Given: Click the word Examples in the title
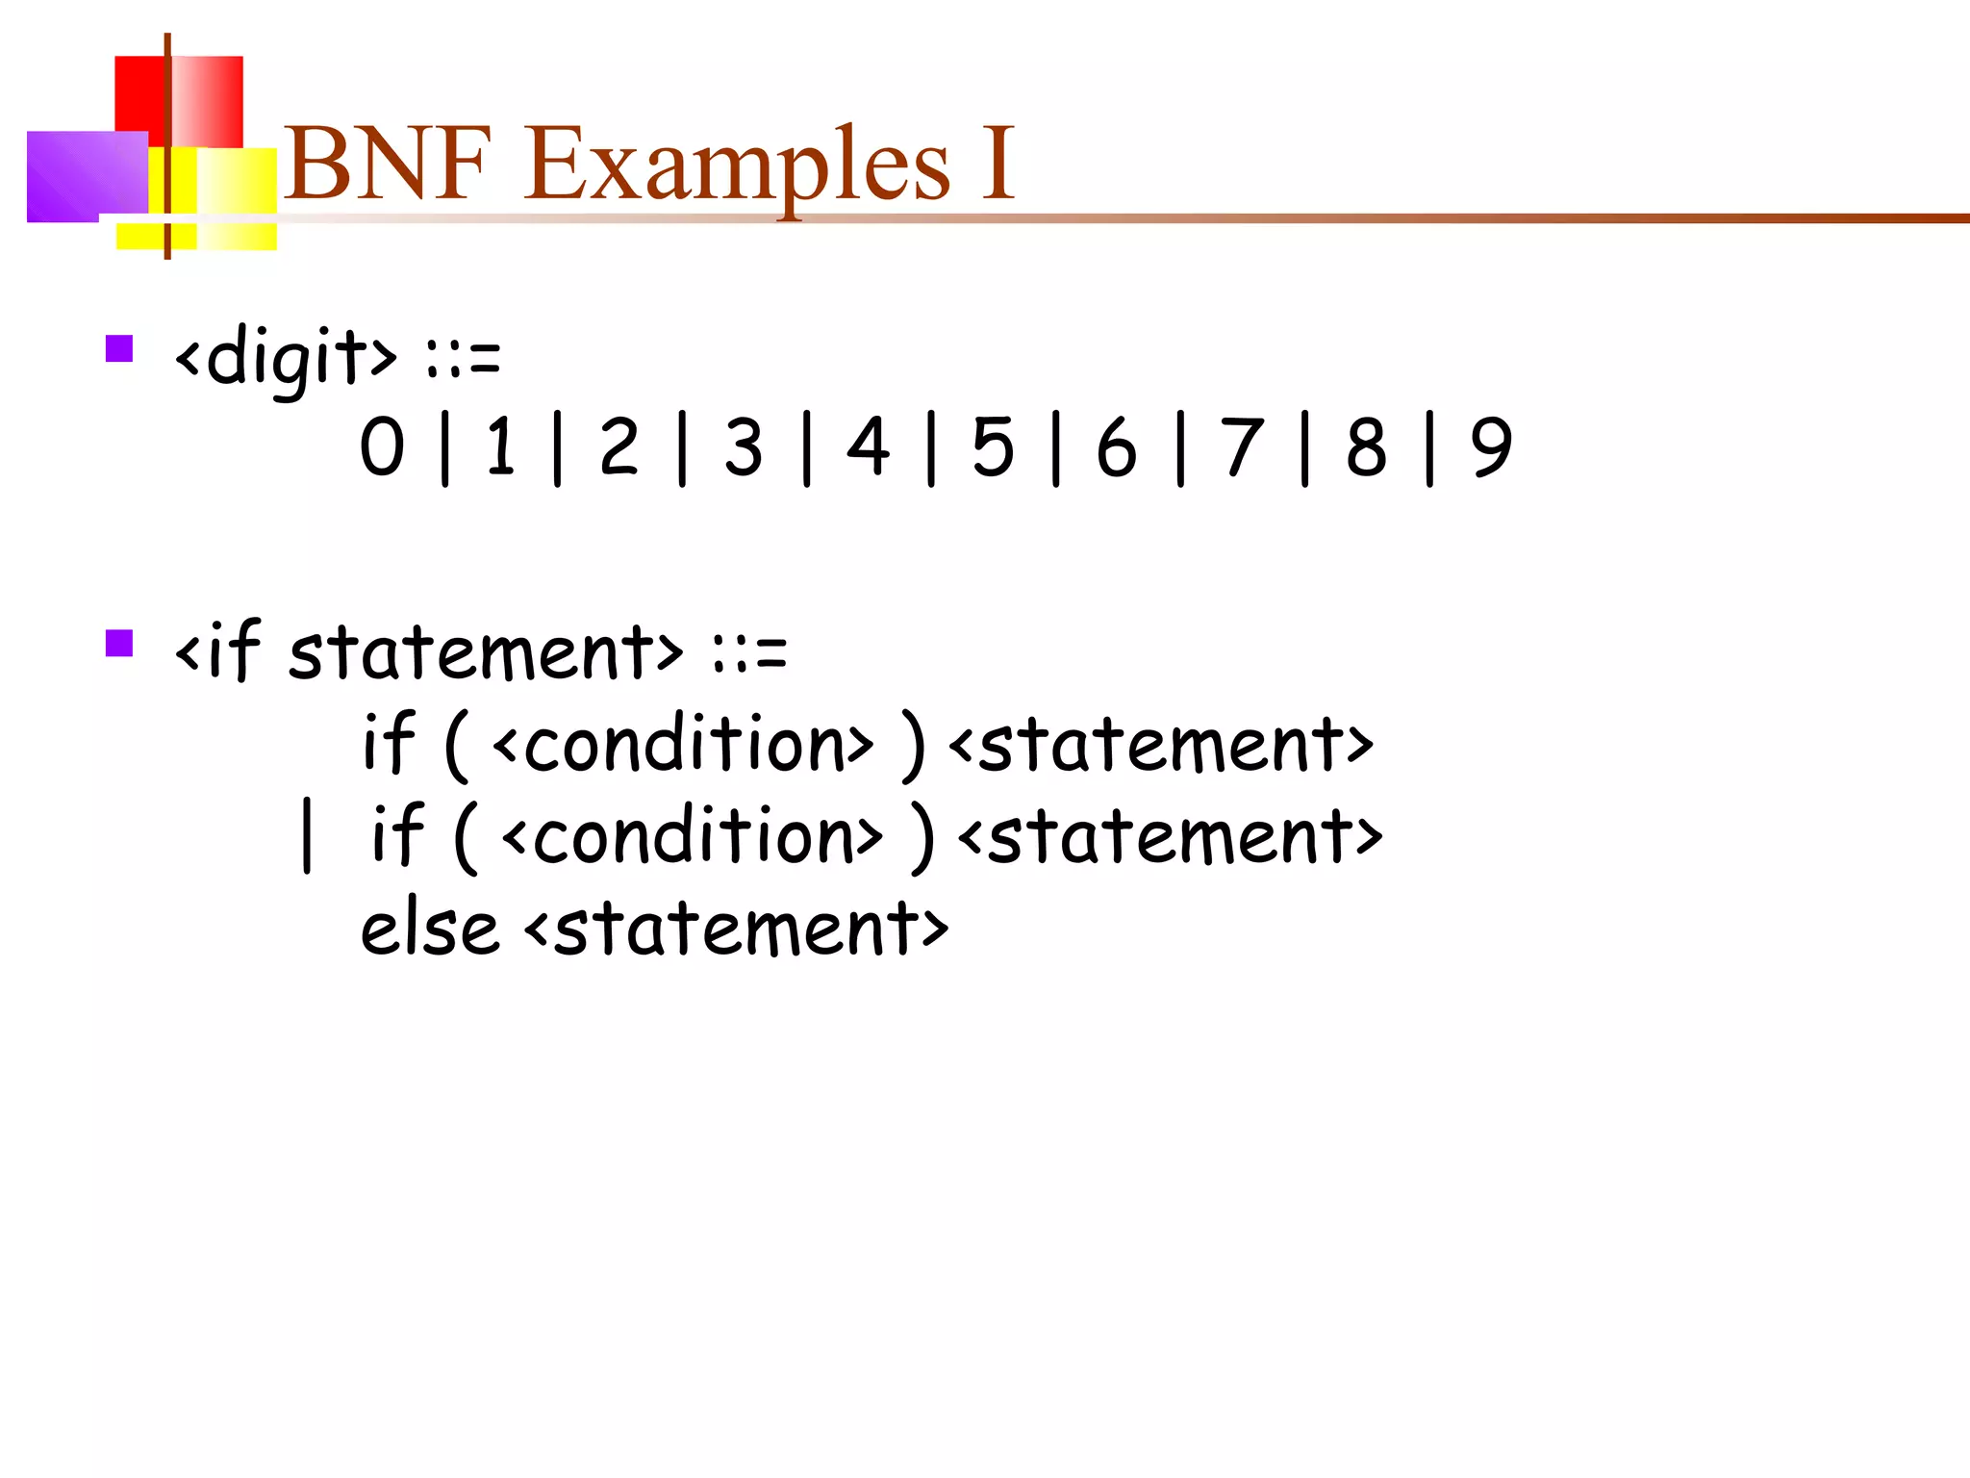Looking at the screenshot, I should (x=737, y=166).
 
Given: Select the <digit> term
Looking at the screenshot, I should (x=285, y=357).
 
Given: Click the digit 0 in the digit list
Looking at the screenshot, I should (x=382, y=446).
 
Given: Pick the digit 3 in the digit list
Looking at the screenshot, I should (x=744, y=446).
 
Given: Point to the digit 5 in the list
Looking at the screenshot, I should (x=993, y=446).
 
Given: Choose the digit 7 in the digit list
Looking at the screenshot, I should (x=1241, y=446).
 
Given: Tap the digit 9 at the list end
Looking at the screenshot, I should (x=1491, y=446).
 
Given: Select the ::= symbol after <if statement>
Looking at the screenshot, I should (x=750, y=653).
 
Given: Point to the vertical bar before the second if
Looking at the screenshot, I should (x=307, y=835).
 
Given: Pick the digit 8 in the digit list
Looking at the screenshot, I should (x=1366, y=446).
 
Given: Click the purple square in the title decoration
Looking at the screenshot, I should (x=86, y=176).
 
